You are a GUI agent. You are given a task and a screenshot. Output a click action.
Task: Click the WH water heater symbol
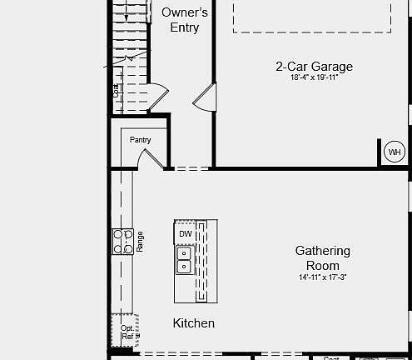point(395,152)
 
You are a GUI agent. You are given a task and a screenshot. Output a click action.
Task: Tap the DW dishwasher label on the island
point(185,234)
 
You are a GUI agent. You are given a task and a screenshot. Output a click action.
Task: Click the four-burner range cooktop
point(123,241)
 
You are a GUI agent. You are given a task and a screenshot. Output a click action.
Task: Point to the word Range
point(141,242)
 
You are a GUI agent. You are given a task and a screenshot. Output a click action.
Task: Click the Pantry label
point(140,140)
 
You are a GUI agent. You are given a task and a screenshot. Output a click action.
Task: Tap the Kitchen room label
point(193,323)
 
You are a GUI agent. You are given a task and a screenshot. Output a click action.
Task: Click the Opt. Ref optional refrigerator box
point(125,331)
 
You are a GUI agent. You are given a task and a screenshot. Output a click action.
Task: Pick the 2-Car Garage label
point(315,67)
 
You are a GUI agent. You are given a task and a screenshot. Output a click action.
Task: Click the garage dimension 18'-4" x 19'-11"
point(315,77)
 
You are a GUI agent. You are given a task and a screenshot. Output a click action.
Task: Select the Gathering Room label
point(322,258)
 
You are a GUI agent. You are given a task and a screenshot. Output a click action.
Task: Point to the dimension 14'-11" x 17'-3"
point(322,277)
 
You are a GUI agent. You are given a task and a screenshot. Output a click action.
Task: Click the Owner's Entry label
point(185,20)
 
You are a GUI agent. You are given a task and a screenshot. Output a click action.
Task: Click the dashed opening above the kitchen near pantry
point(191,169)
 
